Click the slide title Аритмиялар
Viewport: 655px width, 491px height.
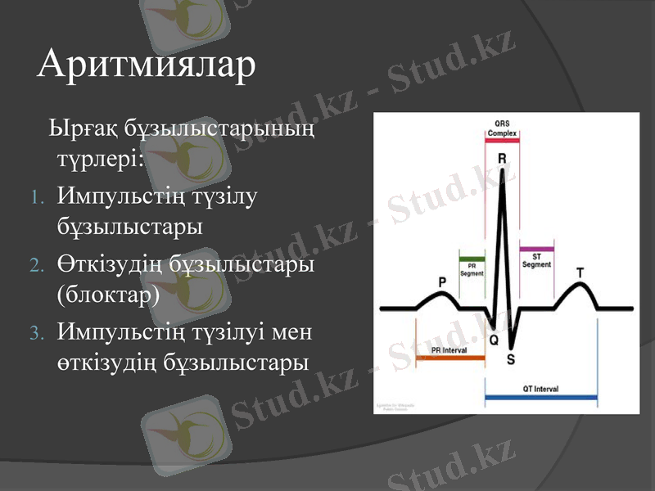[x=147, y=64]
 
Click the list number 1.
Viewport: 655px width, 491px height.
[x=35, y=199]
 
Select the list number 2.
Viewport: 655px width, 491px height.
[x=35, y=266]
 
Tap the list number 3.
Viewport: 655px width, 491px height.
[x=35, y=333]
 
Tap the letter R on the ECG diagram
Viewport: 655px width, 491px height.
[x=502, y=157]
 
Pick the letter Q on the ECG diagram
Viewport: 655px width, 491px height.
[x=493, y=338]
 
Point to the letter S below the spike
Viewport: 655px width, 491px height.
[x=511, y=358]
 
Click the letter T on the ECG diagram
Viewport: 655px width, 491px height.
[x=580, y=272]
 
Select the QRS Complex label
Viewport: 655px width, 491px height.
[x=501, y=128]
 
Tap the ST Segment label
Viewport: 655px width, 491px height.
[x=536, y=260]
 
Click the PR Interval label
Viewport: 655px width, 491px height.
[x=449, y=349]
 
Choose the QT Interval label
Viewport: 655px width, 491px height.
[x=540, y=389]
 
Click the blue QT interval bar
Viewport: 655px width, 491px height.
[x=540, y=398]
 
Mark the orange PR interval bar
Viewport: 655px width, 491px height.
[x=450, y=358]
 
